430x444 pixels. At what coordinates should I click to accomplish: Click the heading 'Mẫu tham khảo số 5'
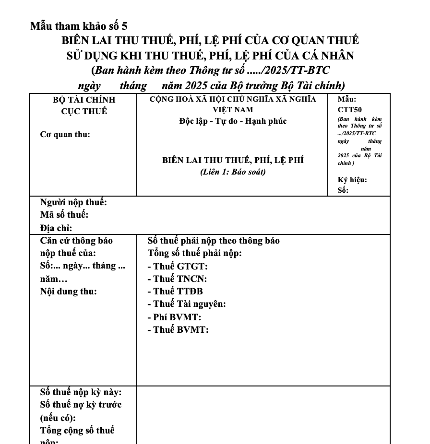79,26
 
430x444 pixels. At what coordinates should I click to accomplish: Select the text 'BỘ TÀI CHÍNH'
84,100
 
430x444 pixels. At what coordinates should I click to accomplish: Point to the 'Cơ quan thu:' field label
65,134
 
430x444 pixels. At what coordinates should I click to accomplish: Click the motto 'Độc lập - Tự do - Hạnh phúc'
233,121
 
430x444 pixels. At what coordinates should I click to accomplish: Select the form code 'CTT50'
349,110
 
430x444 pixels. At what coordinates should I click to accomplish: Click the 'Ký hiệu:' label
352,180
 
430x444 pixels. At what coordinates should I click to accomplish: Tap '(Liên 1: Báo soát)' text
233,172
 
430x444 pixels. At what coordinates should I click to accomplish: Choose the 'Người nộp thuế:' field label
73,202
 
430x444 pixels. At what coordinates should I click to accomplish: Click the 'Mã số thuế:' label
64,215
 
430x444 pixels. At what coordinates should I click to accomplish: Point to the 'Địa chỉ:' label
56,228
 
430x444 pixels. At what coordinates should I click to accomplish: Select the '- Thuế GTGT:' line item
178,266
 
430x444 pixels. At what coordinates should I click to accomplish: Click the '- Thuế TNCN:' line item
177,279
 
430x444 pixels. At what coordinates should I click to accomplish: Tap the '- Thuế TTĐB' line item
175,291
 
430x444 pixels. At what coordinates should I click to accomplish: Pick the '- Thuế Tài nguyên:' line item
187,304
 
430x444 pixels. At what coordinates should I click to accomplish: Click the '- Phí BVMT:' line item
174,317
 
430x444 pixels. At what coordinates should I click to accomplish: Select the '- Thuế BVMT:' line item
178,329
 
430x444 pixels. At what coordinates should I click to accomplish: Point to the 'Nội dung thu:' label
68,291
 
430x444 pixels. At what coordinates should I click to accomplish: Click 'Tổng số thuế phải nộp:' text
194,253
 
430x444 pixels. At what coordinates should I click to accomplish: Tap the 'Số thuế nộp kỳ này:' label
81,393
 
